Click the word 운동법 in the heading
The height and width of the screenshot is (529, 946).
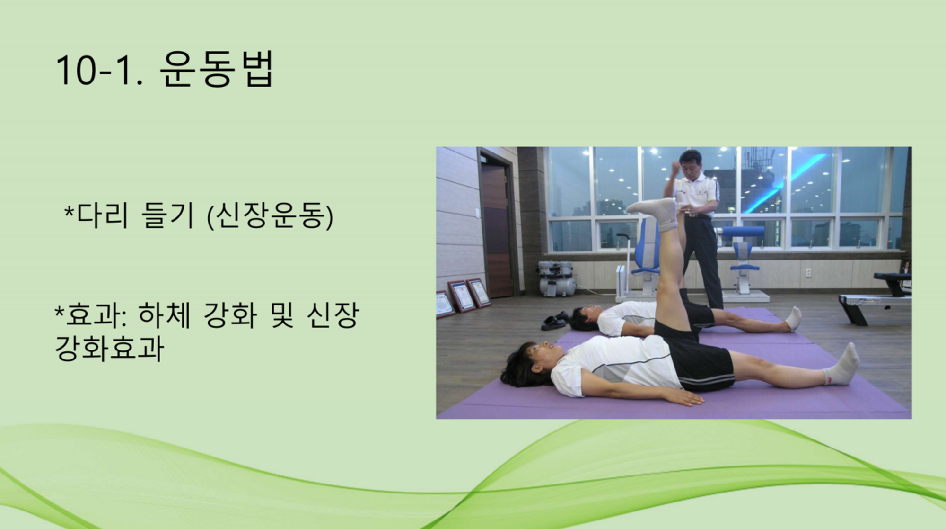click(217, 69)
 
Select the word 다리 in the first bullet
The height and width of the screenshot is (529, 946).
click(102, 215)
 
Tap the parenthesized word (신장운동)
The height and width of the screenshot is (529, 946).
click(270, 215)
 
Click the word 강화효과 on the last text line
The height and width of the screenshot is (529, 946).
click(110, 349)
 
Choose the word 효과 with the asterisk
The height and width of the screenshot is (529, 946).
click(88, 315)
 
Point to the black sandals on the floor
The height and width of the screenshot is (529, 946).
click(554, 321)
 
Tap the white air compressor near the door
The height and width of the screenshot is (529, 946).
click(557, 278)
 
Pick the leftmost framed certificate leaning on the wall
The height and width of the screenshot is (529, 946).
click(445, 304)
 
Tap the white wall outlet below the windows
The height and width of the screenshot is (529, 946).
click(808, 273)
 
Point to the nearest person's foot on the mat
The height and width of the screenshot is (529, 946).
click(842, 364)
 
